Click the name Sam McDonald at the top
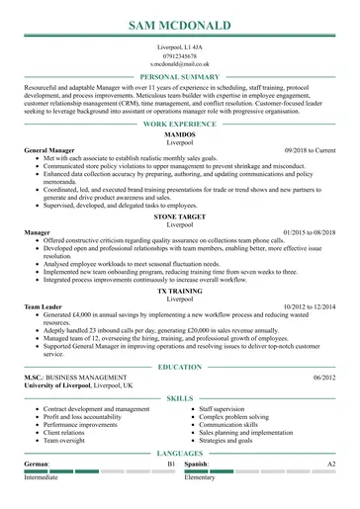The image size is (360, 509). click(x=180, y=23)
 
